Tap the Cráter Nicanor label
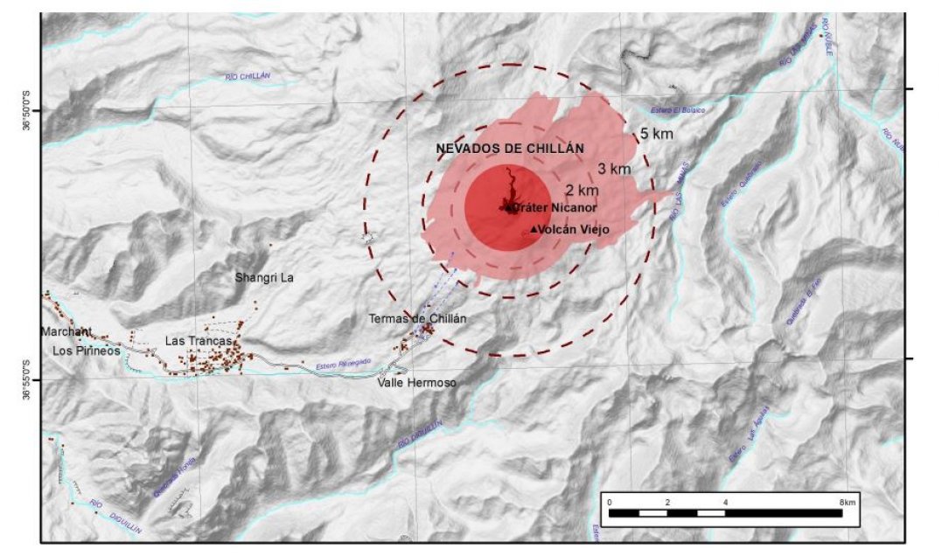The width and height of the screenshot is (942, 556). (x=553, y=208)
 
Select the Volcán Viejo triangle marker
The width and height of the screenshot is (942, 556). (x=534, y=230)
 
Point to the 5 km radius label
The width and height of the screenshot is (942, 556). (x=655, y=136)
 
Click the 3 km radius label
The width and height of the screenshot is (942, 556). (x=614, y=169)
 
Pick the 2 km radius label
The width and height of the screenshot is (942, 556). (x=582, y=190)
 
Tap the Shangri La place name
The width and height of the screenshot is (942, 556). (x=264, y=278)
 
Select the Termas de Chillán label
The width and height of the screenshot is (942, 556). (x=417, y=319)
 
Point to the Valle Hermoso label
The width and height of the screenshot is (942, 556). (x=417, y=383)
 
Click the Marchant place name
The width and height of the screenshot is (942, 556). (x=66, y=331)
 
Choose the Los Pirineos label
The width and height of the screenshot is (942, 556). (x=85, y=351)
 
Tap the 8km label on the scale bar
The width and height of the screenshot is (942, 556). (x=847, y=502)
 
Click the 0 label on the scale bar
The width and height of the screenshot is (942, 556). (x=609, y=502)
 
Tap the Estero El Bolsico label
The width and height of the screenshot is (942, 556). (x=677, y=110)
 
